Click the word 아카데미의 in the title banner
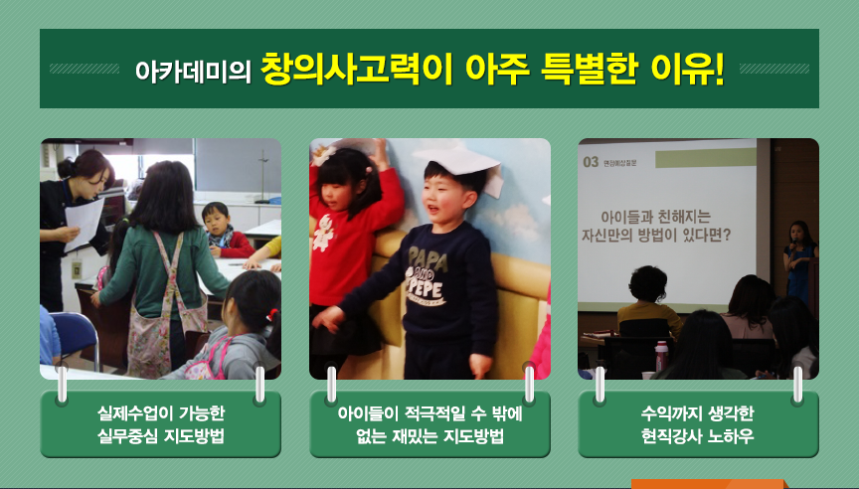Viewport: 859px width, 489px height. [193, 71]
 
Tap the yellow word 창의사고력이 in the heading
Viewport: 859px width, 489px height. [357, 69]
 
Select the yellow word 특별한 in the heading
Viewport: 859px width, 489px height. [589, 69]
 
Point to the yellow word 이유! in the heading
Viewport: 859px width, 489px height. [688, 69]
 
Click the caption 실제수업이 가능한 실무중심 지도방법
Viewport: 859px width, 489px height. [160, 424]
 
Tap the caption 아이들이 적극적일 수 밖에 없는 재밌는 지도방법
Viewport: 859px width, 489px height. [429, 424]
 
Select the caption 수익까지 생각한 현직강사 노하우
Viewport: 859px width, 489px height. [698, 424]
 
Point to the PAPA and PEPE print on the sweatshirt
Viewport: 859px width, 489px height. [427, 276]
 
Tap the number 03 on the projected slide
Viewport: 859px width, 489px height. [591, 162]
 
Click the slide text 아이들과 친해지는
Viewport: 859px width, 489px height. [655, 217]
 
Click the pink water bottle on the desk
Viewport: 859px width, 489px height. [662, 356]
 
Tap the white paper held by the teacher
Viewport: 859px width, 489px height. [84, 224]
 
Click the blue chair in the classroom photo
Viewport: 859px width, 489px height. [76, 336]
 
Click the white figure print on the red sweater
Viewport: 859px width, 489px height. [324, 233]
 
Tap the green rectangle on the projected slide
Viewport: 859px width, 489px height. [706, 158]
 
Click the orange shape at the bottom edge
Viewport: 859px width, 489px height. [710, 484]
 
